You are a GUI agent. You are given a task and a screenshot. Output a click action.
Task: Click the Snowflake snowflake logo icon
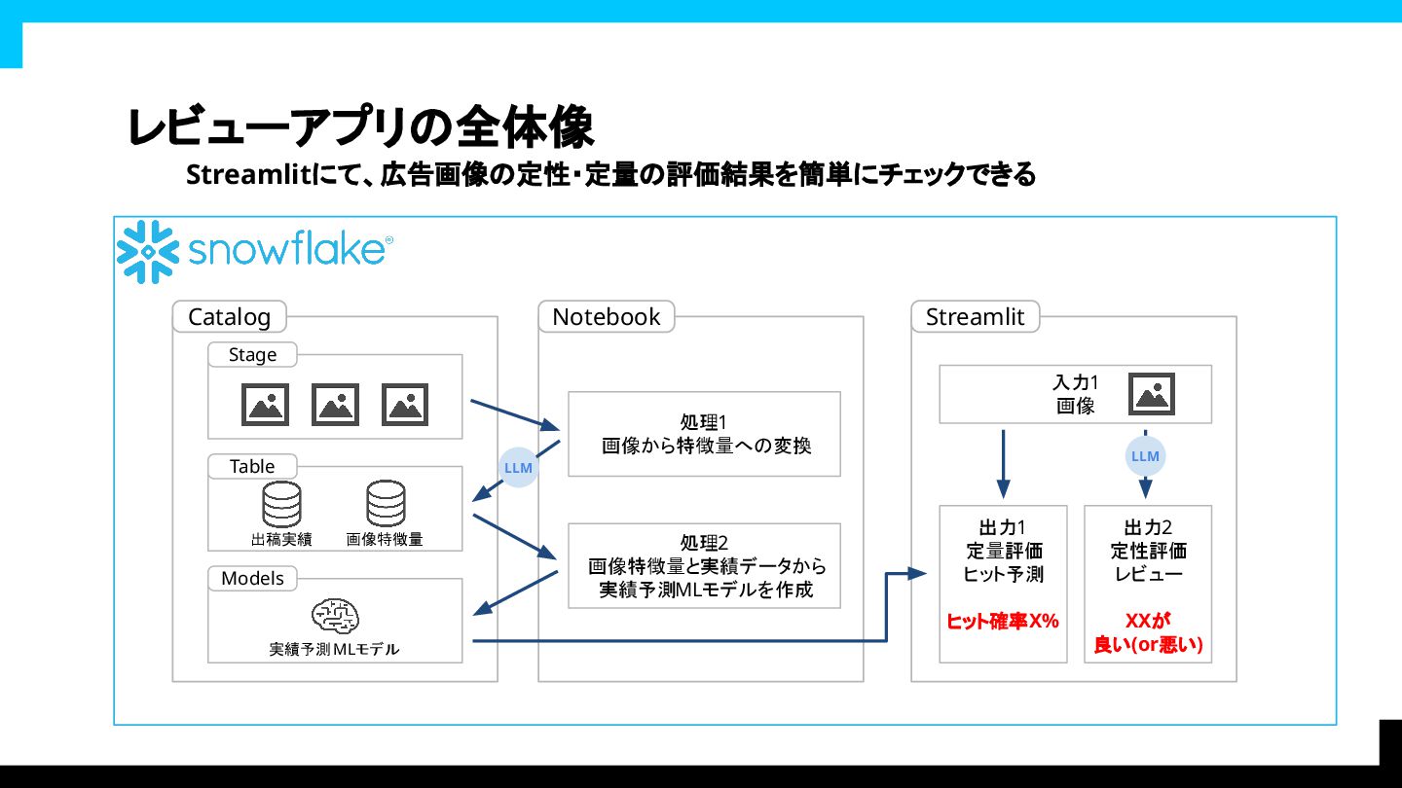148,251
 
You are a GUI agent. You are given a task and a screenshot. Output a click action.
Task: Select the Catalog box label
229,317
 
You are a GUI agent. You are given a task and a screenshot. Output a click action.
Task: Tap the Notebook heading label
606,317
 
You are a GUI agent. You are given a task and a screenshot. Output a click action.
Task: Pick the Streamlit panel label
975,317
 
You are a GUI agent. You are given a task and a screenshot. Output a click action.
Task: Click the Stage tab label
252,355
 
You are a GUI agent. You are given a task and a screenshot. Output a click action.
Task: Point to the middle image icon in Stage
335,405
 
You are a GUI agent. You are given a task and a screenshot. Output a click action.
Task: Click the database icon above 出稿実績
281,504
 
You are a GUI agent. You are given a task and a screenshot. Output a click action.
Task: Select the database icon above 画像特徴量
386,504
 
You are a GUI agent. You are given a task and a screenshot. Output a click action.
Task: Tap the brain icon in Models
335,616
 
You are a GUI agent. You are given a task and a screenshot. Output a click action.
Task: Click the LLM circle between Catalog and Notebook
518,468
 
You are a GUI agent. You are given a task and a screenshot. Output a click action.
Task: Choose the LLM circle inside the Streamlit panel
1145,456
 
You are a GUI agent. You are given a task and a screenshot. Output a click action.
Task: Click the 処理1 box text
704,434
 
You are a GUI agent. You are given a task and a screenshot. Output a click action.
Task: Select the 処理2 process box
704,566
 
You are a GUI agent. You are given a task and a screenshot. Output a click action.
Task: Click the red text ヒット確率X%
1003,621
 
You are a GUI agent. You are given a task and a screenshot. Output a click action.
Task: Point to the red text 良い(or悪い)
1148,644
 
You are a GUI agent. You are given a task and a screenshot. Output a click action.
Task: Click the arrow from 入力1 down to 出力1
1004,464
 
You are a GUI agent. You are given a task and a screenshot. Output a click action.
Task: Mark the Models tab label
252,579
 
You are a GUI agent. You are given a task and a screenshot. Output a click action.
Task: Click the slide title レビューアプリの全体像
360,127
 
